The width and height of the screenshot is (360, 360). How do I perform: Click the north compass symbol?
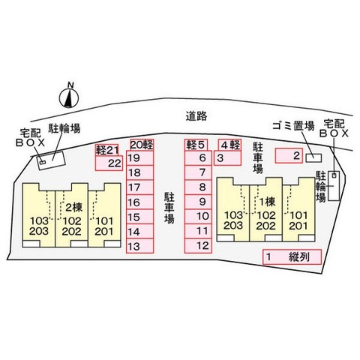pos(69,97)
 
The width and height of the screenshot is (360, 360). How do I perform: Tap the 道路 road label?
pos(196,116)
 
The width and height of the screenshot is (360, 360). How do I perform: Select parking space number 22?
pos(109,163)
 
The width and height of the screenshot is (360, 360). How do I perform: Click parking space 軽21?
pos(106,150)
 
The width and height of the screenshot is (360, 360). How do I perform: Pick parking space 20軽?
pos(142,145)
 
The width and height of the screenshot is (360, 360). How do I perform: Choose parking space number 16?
pos(140,202)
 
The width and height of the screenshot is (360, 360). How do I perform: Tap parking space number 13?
pos(140,246)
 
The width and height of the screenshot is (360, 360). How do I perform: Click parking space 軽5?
pos(196,145)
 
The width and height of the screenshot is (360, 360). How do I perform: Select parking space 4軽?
pos(229,145)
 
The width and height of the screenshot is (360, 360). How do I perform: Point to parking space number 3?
pos(227,158)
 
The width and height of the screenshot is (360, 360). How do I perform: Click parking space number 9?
pos(198,202)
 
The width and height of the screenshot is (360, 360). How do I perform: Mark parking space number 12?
pos(198,246)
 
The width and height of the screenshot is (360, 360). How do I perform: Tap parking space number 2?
pos(289,156)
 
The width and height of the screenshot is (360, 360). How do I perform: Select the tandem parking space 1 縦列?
pos(292,257)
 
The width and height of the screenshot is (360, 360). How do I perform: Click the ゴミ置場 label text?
pos(293,125)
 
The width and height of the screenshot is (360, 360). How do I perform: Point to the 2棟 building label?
pos(73,208)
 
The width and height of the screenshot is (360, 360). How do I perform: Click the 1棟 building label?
pos(267,202)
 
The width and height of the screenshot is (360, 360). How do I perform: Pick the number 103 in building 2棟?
pos(39,221)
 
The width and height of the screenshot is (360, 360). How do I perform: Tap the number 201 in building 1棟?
pos(298,226)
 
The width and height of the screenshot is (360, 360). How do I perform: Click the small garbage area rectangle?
pos(313,157)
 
